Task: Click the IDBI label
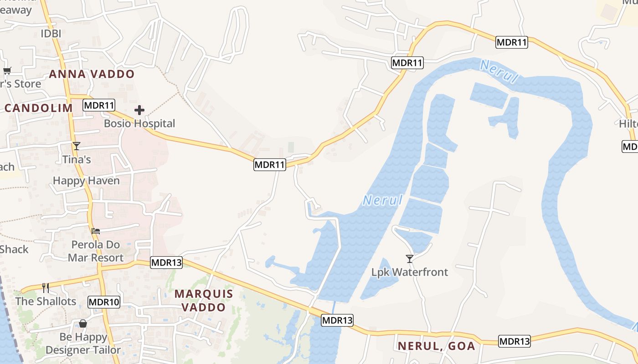51,34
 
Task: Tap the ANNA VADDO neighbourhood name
92,74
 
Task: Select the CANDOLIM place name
39,108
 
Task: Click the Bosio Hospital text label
139,123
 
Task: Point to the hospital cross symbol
139,110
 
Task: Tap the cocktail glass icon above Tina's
76,146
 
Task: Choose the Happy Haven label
86,181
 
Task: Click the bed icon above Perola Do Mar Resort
96,231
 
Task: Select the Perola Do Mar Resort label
96,251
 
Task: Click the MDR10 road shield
104,302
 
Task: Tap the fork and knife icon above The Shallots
46,288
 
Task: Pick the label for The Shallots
46,301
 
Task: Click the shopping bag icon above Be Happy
83,324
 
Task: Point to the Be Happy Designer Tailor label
83,344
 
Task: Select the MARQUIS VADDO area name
204,301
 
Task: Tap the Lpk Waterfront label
410,272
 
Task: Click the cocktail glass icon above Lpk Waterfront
410,259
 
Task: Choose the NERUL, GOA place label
437,346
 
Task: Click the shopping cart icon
7,71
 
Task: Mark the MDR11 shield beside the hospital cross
99,106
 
